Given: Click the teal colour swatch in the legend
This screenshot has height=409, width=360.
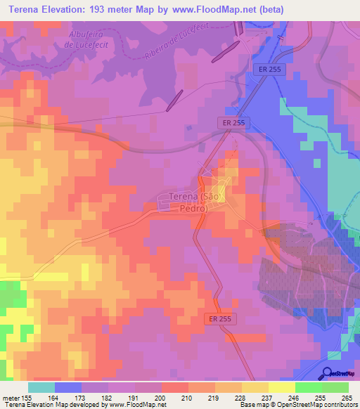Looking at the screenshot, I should [x=41, y=387].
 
